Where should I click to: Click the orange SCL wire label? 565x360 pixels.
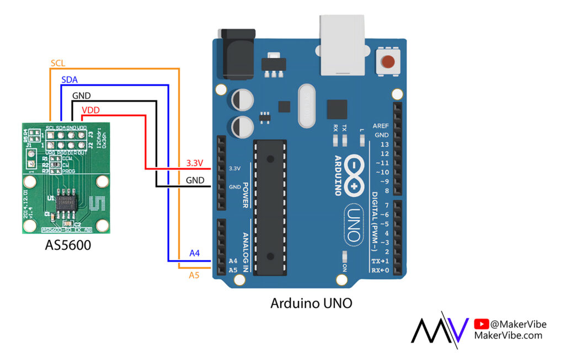pos(58,63)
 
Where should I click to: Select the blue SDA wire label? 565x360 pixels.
pos(70,80)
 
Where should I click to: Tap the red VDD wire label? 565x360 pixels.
pos(90,110)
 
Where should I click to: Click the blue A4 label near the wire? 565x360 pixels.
pos(194,253)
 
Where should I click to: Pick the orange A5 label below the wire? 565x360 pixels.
pos(194,275)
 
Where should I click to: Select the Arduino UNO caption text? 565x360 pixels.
pos(311,303)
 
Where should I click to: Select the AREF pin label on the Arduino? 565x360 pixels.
pos(381,126)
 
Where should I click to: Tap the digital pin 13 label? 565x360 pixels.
pos(384,144)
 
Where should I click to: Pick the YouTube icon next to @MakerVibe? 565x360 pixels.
pos(481,325)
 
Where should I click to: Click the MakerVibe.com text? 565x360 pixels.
pos(508,335)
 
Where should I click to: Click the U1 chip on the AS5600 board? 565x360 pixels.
pos(66,202)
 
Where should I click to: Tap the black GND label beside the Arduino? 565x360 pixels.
pos(195,180)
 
